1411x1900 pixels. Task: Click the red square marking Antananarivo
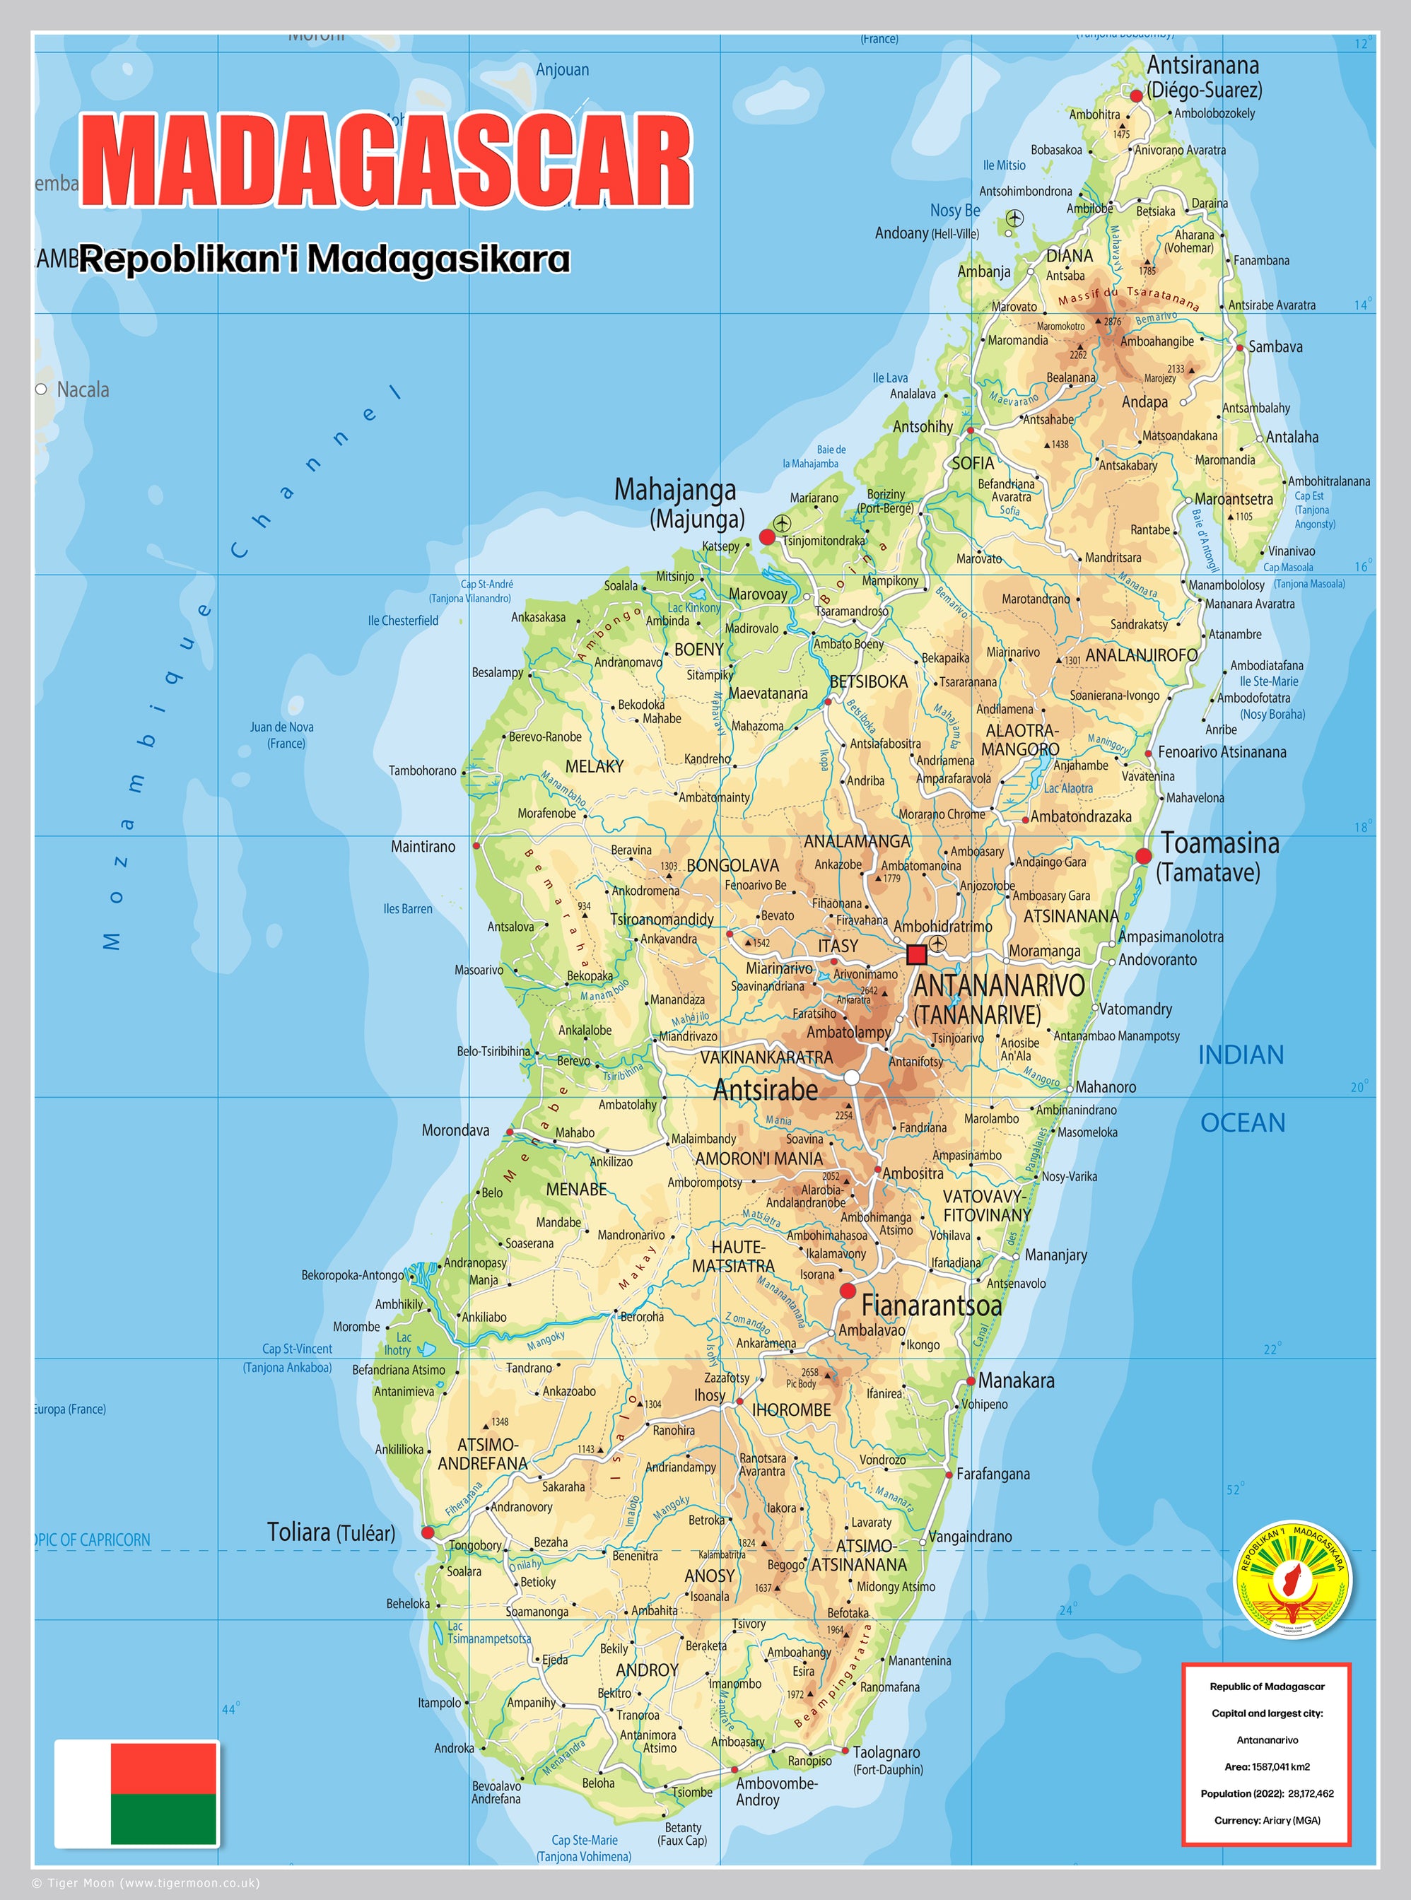coord(916,954)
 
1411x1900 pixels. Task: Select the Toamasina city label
coord(1219,844)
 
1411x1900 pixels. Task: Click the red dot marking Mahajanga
coord(767,536)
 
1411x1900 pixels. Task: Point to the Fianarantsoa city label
coord(931,1306)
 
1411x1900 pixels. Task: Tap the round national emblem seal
coord(1294,1579)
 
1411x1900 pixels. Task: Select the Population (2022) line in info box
coord(1267,1793)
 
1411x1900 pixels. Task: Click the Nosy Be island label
coord(955,210)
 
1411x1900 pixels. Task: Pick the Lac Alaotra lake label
coord(1067,788)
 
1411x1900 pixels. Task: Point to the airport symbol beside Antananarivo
coord(938,943)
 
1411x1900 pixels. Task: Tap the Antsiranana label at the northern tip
coord(1202,65)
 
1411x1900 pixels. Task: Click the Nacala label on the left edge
coord(82,389)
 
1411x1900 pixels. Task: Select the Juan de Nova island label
coord(281,727)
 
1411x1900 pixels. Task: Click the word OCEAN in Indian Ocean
coord(1243,1123)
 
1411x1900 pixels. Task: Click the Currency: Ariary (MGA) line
coord(1267,1819)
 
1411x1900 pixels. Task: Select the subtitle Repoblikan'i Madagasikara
coord(324,259)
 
